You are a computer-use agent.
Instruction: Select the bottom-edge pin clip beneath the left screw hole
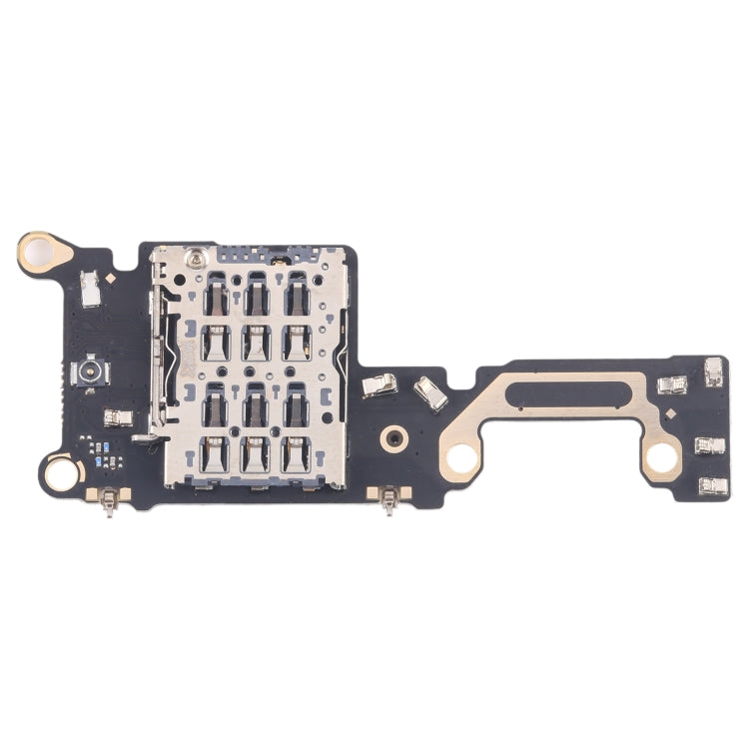109,499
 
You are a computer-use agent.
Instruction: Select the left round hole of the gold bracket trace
461,457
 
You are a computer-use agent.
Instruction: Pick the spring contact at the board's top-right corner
714,373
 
